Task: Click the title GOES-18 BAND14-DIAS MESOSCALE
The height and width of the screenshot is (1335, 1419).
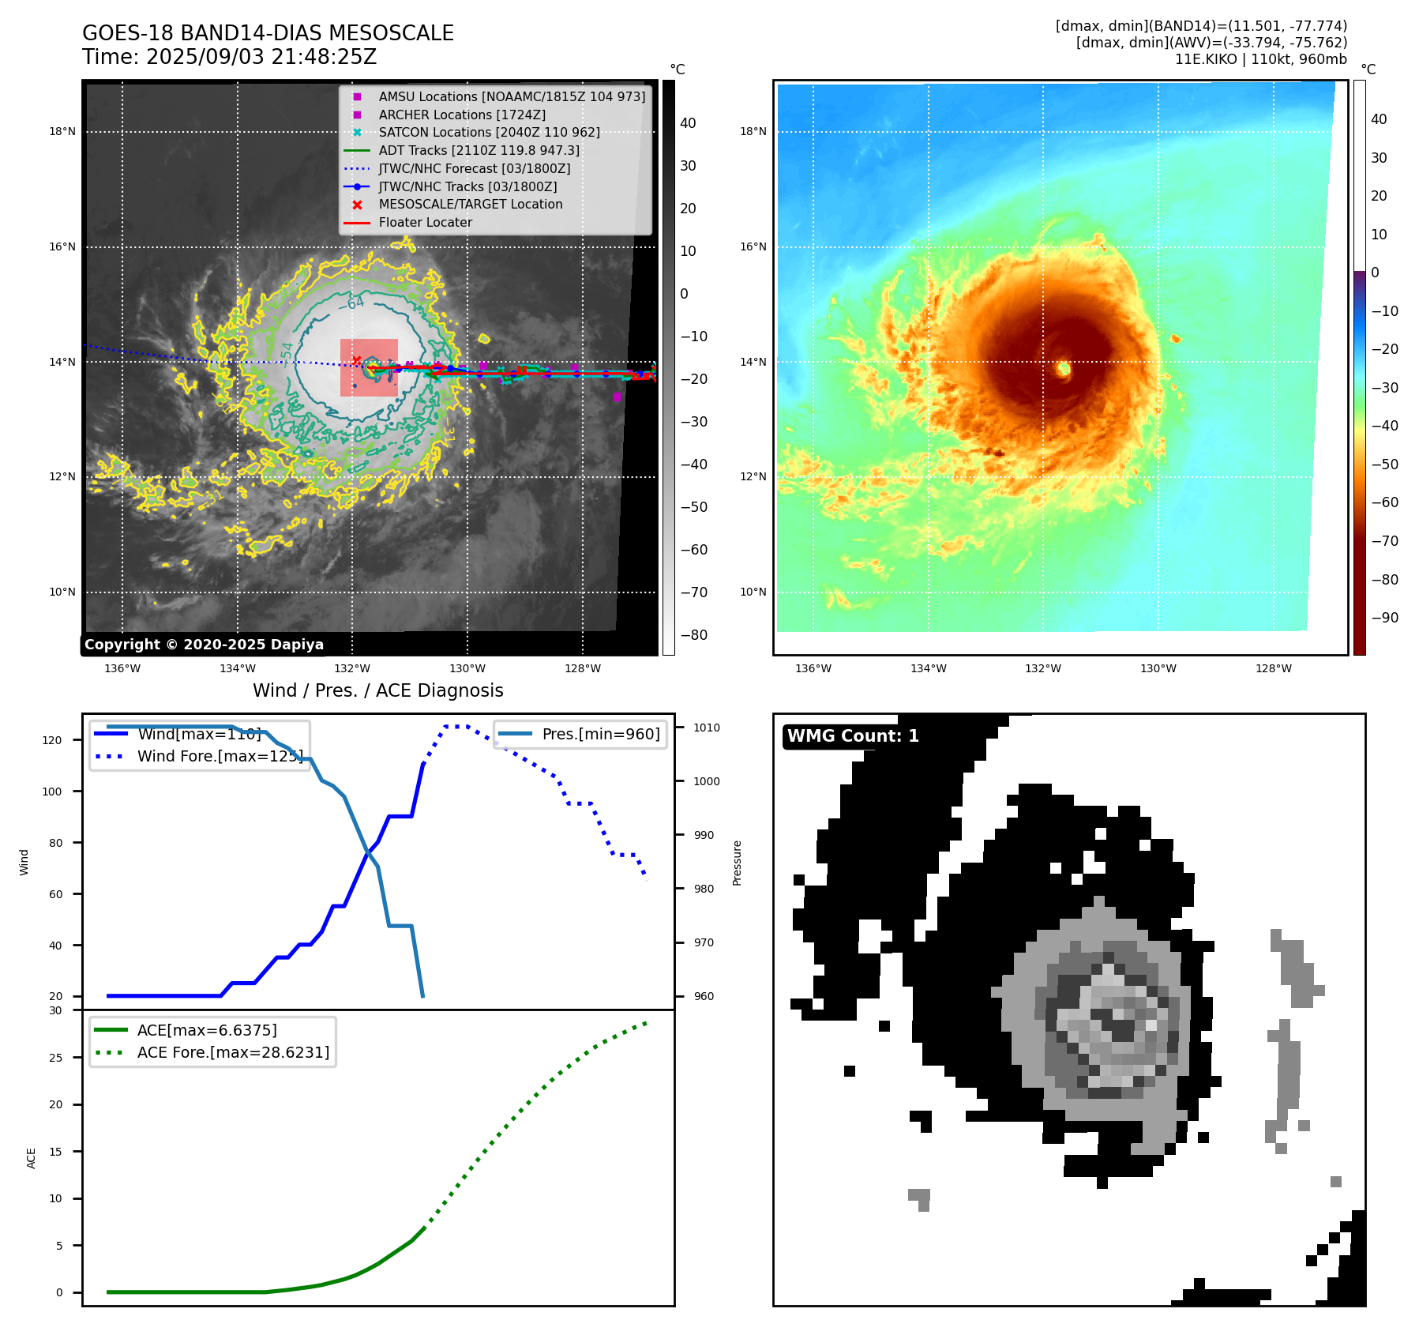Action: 268,33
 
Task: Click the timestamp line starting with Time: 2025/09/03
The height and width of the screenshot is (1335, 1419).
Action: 229,57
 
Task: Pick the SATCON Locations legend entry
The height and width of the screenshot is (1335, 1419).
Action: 489,132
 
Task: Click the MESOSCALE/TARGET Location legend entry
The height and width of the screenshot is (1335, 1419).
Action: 470,204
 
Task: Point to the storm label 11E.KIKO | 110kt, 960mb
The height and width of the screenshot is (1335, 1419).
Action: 1260,59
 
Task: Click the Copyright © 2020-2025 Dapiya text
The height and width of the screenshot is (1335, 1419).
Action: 204,645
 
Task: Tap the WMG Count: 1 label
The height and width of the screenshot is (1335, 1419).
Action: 853,736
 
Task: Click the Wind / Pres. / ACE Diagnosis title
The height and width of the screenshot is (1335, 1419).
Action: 377,690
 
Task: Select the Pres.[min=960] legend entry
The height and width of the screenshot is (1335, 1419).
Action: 600,734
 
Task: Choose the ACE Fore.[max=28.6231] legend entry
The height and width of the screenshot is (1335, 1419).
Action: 233,1052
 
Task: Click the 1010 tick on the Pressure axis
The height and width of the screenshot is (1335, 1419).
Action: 707,728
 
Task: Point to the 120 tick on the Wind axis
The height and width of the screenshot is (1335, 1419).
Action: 52,740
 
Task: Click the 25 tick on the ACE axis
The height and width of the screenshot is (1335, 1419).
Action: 55,1058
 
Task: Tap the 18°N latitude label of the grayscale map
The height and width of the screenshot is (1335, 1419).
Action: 62,131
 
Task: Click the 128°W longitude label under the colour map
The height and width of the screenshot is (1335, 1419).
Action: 1274,668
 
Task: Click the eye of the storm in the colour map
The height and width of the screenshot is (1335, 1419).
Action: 1064,368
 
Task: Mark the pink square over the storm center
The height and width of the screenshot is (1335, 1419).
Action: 369,368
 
